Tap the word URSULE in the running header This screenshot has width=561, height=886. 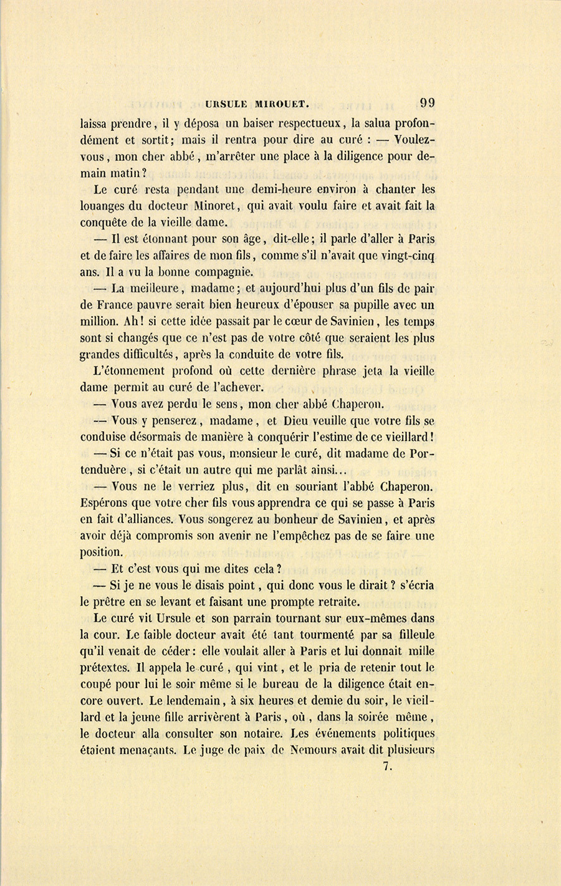pos(228,104)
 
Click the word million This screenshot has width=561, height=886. pos(99,322)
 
